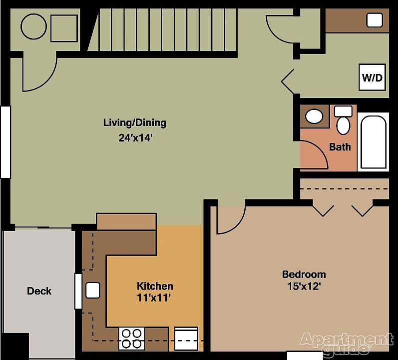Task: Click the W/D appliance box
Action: point(372,77)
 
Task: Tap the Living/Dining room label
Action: point(134,122)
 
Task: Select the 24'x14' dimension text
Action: point(134,138)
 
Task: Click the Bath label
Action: point(340,147)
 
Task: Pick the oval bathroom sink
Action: point(315,117)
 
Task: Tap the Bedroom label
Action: point(304,274)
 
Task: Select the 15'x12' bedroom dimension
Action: point(301,286)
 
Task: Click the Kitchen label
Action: point(155,286)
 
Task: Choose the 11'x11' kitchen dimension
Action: point(154,298)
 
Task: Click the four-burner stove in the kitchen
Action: point(132,338)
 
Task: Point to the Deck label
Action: point(39,291)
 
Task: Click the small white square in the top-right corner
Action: point(375,20)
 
